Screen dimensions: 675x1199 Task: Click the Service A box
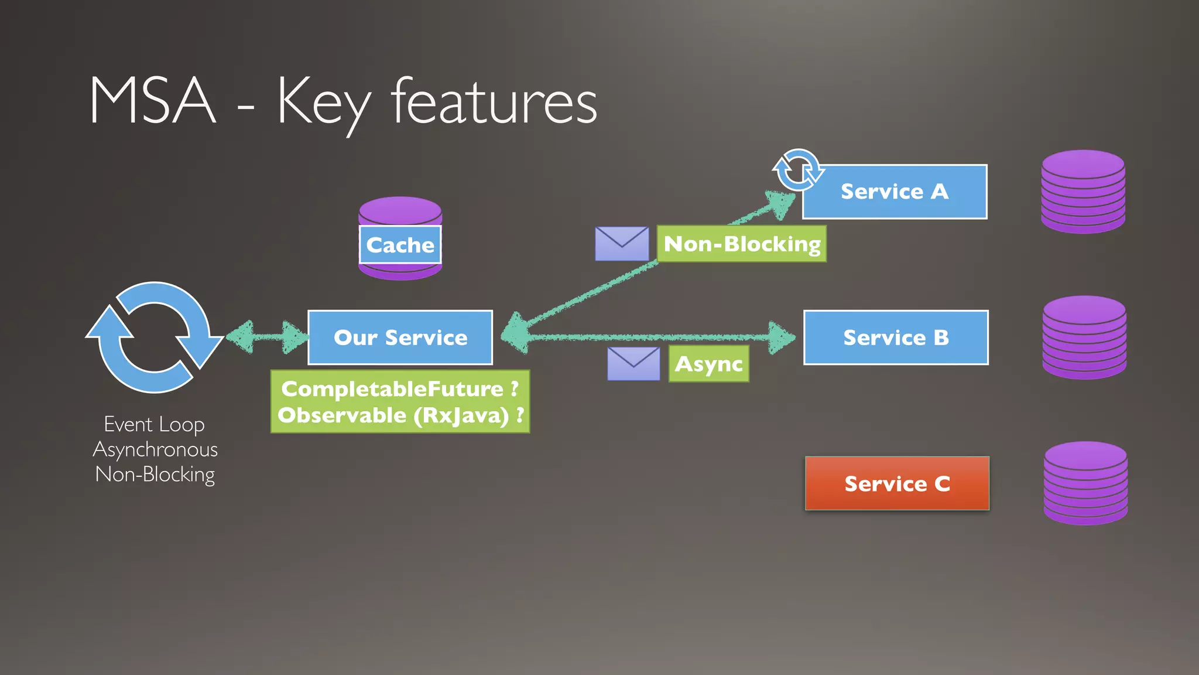click(x=895, y=192)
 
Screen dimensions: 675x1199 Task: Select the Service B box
click(x=896, y=337)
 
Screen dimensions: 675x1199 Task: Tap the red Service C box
click(x=897, y=483)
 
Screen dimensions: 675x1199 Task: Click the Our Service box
click(x=400, y=337)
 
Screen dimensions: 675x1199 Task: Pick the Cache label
click(x=400, y=245)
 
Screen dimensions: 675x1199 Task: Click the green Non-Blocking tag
click(x=742, y=244)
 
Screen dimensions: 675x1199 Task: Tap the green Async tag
click(x=708, y=364)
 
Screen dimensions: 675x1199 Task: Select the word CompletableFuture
click(x=392, y=388)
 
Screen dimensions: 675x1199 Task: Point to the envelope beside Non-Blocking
click(x=622, y=244)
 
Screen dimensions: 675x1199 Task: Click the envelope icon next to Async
click(x=633, y=364)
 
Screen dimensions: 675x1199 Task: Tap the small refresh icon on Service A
click(x=797, y=171)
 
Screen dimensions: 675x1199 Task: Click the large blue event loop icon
click(x=154, y=337)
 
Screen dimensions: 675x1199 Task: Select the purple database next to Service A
click(x=1083, y=192)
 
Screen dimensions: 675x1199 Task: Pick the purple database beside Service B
click(x=1084, y=337)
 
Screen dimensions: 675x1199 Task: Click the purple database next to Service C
click(x=1085, y=483)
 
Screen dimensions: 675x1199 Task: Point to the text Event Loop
click(x=154, y=424)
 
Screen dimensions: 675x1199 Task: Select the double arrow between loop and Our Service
click(x=266, y=337)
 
